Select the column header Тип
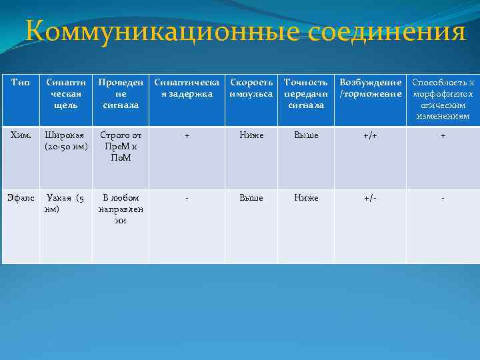[19, 83]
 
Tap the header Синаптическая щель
[65, 93]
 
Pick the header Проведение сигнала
[120, 93]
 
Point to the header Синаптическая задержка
[187, 88]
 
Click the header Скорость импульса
[251, 88]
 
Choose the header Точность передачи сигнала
[306, 93]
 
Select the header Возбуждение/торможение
[370, 88]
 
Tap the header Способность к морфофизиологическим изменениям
[443, 99]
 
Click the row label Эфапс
[21, 198]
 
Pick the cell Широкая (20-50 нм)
[65, 141]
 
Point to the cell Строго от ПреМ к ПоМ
[120, 146]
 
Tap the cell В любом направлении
[120, 209]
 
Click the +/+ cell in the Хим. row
[370, 135]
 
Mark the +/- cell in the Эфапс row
[370, 198]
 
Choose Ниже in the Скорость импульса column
[251, 135]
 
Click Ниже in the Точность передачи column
[306, 198]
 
